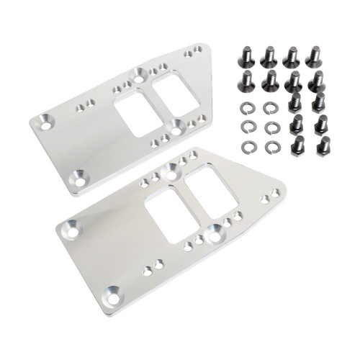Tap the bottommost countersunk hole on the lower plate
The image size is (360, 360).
pos(112,294)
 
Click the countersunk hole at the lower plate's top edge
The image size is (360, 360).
pos(171,170)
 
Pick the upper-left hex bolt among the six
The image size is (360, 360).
pos(295,102)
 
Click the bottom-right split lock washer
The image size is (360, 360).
pos(271,146)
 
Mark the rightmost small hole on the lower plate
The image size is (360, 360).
pos(275,192)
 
